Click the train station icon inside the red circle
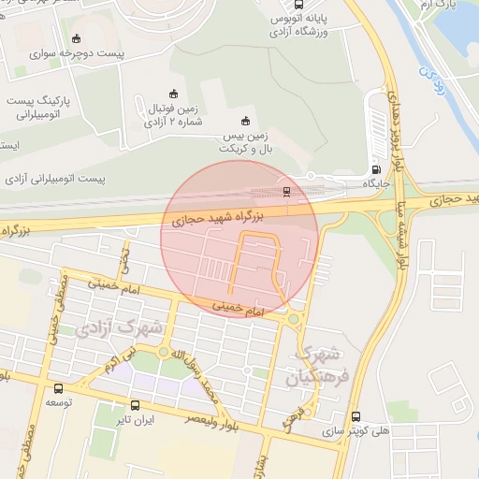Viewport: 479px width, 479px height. pos(286,191)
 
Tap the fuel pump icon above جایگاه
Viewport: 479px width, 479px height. pos(376,171)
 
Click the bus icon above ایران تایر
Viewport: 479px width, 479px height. pos(136,406)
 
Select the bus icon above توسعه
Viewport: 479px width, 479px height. pos(59,388)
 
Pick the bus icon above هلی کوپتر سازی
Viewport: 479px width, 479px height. pos(355,416)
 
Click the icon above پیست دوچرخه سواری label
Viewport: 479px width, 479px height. pos(77,39)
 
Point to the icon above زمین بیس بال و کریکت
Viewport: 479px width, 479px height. pos(245,121)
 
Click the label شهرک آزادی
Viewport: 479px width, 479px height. pos(121,328)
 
